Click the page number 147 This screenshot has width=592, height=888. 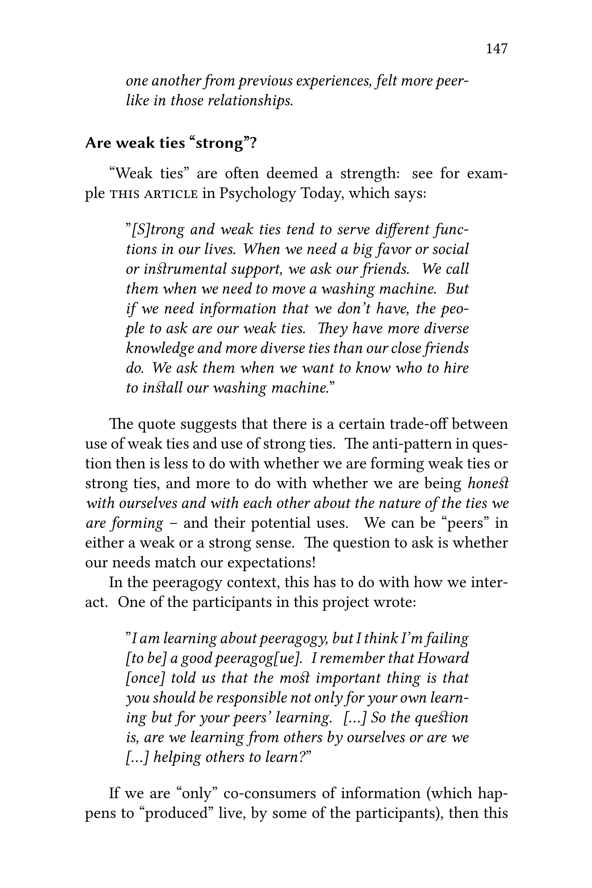pyautogui.click(x=497, y=49)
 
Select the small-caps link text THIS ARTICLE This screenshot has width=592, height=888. pyautogui.click(x=153, y=194)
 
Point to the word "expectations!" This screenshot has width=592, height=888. pyautogui.click(x=271, y=563)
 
